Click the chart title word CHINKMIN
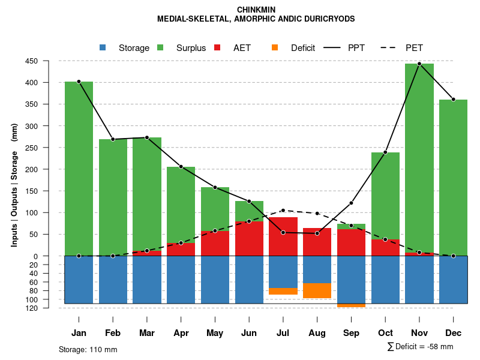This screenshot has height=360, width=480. point(256,10)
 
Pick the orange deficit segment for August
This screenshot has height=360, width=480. point(317,290)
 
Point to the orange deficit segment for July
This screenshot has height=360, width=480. point(283,291)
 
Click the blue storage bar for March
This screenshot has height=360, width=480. point(147,280)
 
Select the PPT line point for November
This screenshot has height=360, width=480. point(419,64)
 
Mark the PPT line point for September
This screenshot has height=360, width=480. point(351,203)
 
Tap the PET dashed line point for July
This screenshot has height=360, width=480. point(283,211)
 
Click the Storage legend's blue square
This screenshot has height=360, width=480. point(103,47)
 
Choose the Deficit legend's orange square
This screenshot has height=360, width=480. point(275,47)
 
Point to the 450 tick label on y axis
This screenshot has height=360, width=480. point(48,61)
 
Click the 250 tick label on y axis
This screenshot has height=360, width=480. point(48,148)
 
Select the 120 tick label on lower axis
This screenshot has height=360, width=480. point(48,308)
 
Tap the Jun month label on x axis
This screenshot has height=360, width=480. point(249,333)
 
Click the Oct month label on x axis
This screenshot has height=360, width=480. point(385,333)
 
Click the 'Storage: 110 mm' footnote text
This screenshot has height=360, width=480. point(88,349)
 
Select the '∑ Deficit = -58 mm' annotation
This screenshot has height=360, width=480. point(420,346)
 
